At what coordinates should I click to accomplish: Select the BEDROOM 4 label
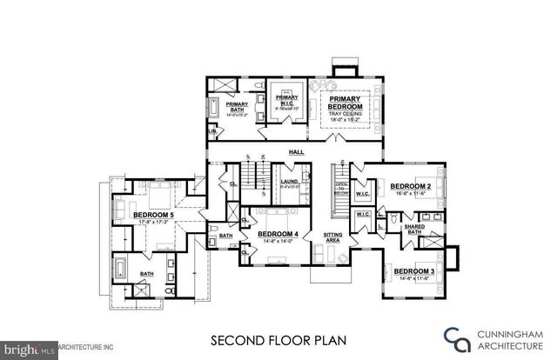coord(279,235)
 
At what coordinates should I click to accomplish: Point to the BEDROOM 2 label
coord(411,186)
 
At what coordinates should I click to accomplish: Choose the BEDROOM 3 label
coord(414,272)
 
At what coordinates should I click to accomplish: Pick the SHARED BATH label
coord(413,230)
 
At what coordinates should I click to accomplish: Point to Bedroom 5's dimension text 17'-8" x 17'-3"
coord(152,222)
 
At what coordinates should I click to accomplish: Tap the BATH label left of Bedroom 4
coord(226,235)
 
